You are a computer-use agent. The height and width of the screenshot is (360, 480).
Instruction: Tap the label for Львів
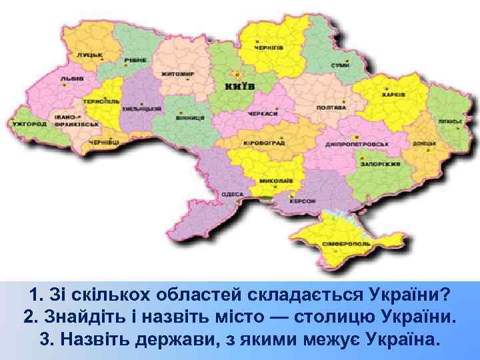(x=71, y=78)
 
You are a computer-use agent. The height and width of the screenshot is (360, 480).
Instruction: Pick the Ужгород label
(x=29, y=124)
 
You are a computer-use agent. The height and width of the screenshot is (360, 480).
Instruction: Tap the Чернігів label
(x=269, y=48)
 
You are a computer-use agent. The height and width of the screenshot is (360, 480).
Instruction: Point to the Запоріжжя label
(x=381, y=163)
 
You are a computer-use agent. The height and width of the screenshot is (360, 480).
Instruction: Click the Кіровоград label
(x=245, y=143)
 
